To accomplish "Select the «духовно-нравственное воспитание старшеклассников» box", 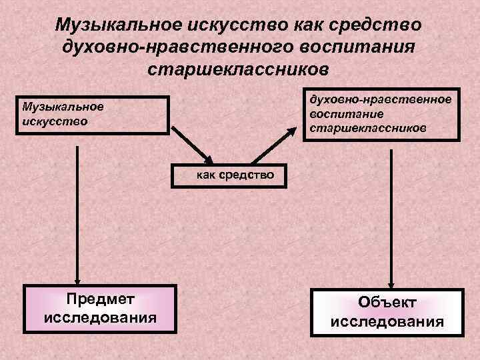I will (381, 113).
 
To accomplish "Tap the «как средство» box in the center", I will (235, 175).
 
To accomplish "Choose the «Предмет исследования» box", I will (100, 309).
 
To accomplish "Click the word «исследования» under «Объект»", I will (387, 323).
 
